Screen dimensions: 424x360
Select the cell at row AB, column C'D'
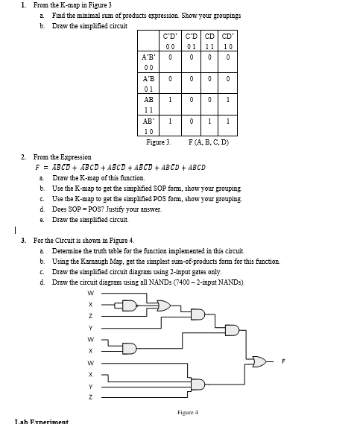(x=171, y=99)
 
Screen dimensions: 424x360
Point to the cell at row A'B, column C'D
(x=191, y=77)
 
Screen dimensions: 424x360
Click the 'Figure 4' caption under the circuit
(x=188, y=411)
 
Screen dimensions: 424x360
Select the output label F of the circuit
(x=283, y=362)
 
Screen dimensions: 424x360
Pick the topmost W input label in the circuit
(x=90, y=293)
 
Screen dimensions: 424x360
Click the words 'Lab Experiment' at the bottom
(x=41, y=421)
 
